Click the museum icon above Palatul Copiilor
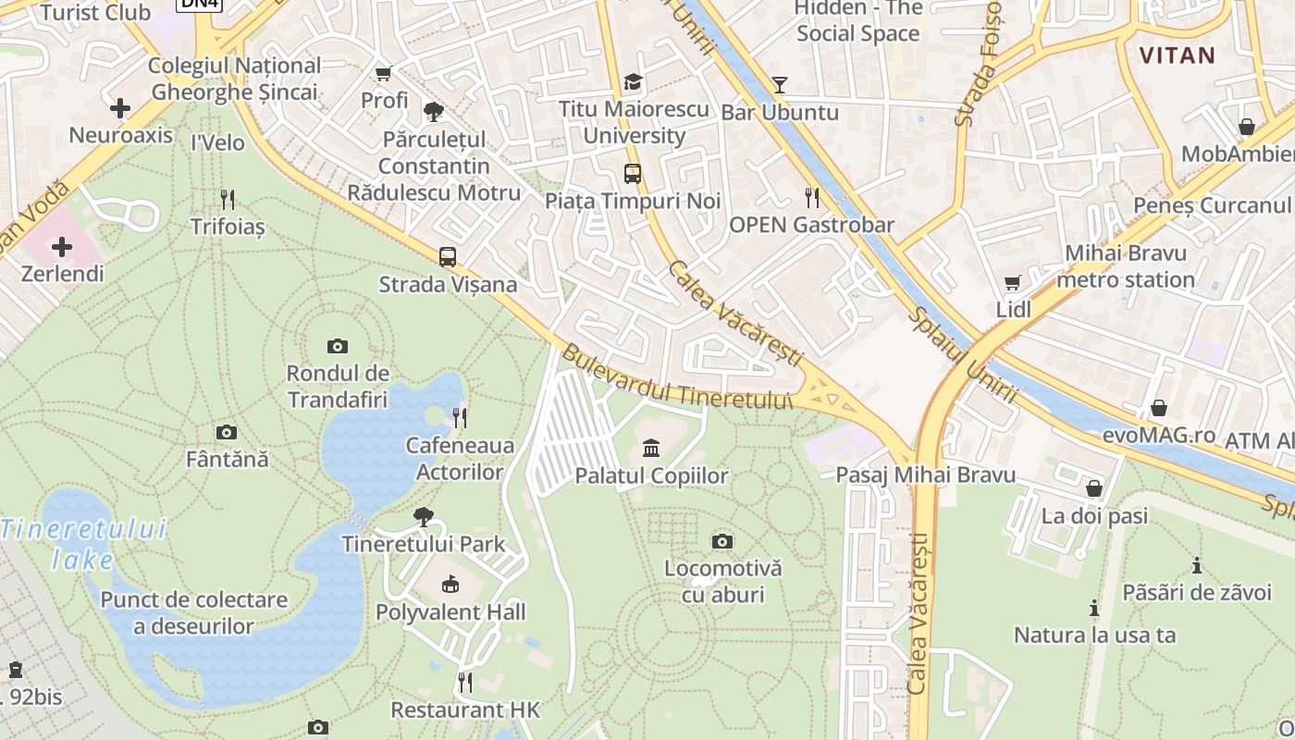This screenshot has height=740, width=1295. [651, 449]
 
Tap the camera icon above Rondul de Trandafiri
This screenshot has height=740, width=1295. [338, 346]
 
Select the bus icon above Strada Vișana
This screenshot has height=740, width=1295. [448, 256]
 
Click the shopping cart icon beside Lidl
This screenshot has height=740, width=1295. [1014, 282]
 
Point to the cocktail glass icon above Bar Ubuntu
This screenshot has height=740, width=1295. [780, 85]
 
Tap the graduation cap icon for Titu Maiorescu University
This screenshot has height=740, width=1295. [633, 81]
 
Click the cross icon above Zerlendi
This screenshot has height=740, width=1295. [62, 247]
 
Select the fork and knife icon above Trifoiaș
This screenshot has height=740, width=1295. [228, 199]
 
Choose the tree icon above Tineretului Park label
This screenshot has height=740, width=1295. [424, 516]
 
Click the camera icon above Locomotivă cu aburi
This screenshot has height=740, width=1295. [722, 541]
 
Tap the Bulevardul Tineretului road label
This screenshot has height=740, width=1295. [678, 379]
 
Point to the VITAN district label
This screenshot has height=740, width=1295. [1178, 55]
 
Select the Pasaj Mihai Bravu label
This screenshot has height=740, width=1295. [926, 475]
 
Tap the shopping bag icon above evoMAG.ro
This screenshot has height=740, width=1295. [1158, 408]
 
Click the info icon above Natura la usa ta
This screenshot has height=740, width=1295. [1094, 608]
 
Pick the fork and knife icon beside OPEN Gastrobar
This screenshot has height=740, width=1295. [812, 197]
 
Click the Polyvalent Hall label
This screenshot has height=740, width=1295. [450, 611]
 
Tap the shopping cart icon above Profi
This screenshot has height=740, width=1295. [384, 73]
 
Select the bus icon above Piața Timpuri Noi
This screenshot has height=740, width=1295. [633, 173]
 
